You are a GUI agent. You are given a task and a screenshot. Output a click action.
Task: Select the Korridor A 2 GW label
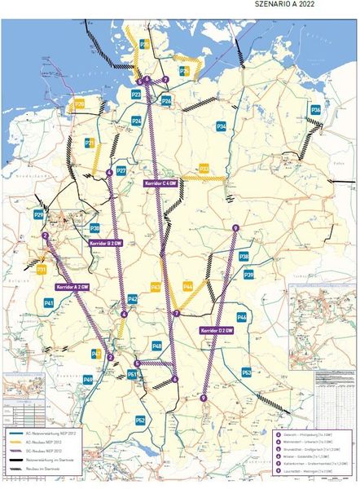pos(72,287)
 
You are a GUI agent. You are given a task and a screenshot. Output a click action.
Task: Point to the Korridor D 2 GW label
pos(217,330)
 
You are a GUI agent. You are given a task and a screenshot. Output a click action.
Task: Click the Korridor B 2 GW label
pos(105,241)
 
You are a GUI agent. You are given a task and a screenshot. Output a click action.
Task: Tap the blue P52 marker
pos(140,420)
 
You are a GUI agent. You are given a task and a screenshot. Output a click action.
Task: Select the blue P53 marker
pos(246,372)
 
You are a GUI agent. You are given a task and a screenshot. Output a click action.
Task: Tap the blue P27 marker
pos(121,171)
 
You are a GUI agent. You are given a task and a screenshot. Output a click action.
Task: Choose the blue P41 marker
pos(49,302)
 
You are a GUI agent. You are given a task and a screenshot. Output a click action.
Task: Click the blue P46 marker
pos(241,316)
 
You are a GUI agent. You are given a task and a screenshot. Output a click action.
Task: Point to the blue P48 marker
pos(156,346)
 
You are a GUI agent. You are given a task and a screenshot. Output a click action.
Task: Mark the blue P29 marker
pos(38,214)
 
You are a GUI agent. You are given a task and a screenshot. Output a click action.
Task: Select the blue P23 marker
pos(136,95)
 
